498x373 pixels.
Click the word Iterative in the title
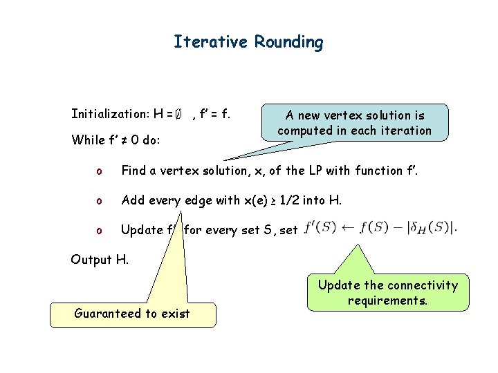[x=211, y=42]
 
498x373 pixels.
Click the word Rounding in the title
[x=288, y=43]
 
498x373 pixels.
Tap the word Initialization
[x=111, y=113]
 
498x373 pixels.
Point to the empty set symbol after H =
[x=178, y=113]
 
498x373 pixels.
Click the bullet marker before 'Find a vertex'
[x=99, y=171]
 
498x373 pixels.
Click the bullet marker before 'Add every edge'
[x=99, y=201]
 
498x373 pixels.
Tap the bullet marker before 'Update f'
[x=99, y=231]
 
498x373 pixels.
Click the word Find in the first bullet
[x=133, y=171]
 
